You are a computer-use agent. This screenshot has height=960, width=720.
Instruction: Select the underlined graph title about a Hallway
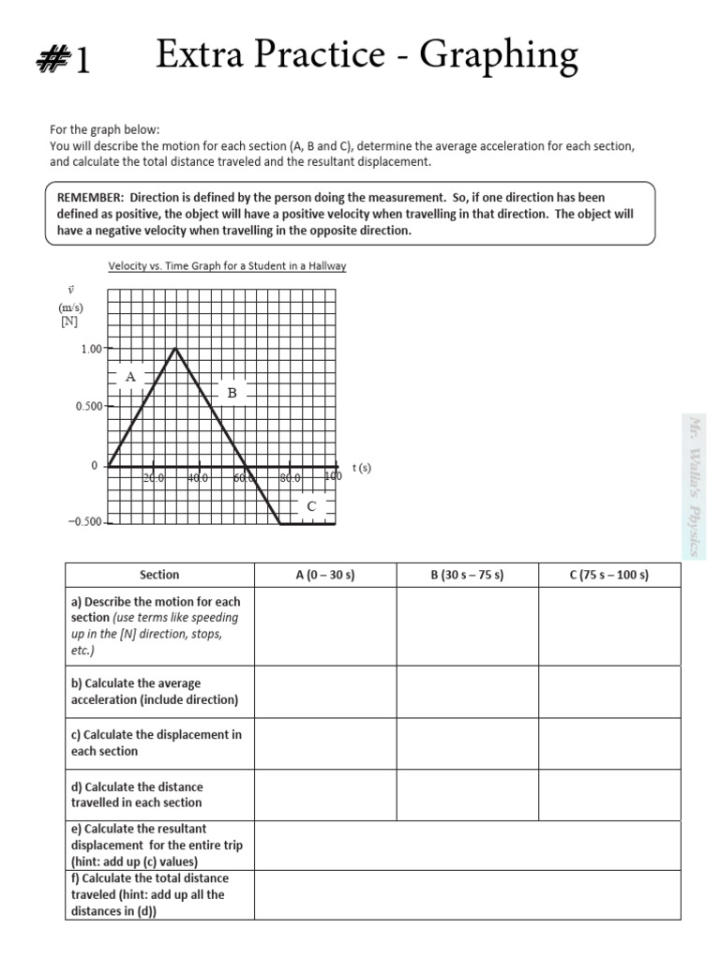coord(227,266)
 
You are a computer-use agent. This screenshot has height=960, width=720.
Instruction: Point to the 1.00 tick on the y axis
coord(91,349)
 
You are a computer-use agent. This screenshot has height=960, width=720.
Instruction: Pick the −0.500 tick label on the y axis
coord(85,522)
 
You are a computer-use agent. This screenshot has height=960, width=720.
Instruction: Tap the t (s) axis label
coord(362,468)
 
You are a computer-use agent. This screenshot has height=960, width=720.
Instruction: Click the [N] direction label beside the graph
coord(68,321)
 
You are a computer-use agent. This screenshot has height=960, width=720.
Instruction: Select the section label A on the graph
coord(130,377)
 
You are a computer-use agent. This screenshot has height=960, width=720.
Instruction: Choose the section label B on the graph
coord(231,393)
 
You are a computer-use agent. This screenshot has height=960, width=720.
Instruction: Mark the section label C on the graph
coord(311,506)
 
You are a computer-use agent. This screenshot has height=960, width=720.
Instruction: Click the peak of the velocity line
coord(176,349)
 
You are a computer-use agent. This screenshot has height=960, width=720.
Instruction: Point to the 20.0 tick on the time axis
coord(154,478)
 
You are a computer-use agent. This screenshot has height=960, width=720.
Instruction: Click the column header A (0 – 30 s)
coord(324,576)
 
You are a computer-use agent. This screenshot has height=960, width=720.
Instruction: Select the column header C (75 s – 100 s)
coord(608,576)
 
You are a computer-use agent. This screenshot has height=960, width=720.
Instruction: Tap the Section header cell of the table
coord(158,576)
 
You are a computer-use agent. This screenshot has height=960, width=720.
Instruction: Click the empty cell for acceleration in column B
coord(467,692)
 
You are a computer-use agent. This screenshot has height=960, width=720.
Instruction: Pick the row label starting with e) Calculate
coord(157,845)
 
